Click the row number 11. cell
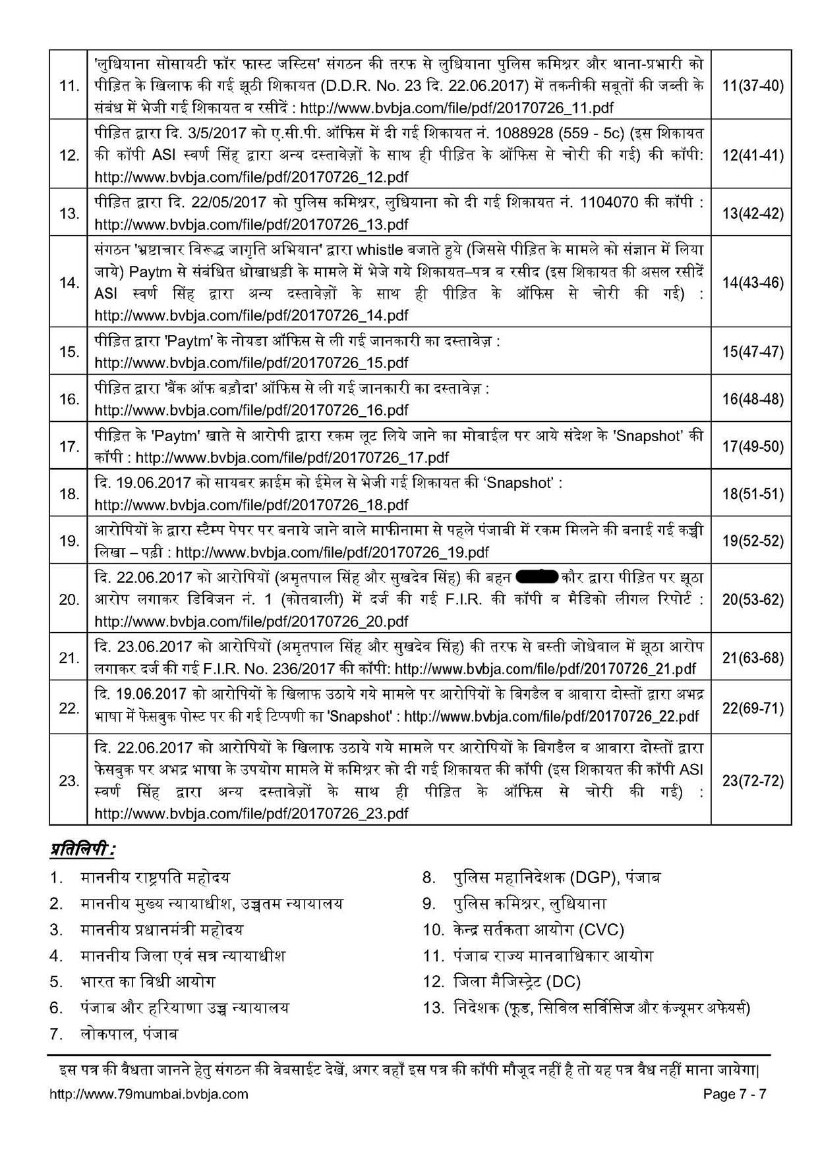click(x=69, y=86)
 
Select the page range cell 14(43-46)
click(x=752, y=283)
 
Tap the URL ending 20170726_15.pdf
click(x=251, y=363)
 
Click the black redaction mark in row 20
click(x=538, y=578)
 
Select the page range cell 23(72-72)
click(x=752, y=781)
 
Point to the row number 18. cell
click(x=69, y=493)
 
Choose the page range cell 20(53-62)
click(x=752, y=599)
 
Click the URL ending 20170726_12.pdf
click(x=251, y=177)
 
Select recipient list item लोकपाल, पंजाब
click(x=129, y=1034)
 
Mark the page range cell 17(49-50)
click(x=752, y=446)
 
